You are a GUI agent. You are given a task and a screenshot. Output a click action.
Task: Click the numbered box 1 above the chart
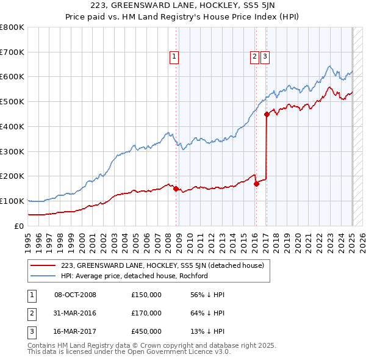pos(174,57)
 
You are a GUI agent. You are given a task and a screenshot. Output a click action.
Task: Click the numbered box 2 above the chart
pos(254,57)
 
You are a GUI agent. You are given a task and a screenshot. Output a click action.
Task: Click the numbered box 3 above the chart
pos(265,57)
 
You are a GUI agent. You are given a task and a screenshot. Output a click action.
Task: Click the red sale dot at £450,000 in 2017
pos(267,113)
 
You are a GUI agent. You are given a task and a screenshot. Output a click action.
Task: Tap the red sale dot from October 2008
pos(176,189)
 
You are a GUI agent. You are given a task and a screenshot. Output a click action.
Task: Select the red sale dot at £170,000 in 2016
pos(256,184)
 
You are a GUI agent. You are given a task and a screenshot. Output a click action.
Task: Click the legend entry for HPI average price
pos(135,276)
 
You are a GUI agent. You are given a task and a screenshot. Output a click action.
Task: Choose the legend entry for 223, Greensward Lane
pos(162,265)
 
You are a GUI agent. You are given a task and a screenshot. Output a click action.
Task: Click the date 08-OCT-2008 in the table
pos(76,295)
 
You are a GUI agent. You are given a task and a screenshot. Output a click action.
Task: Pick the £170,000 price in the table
pos(146,313)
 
